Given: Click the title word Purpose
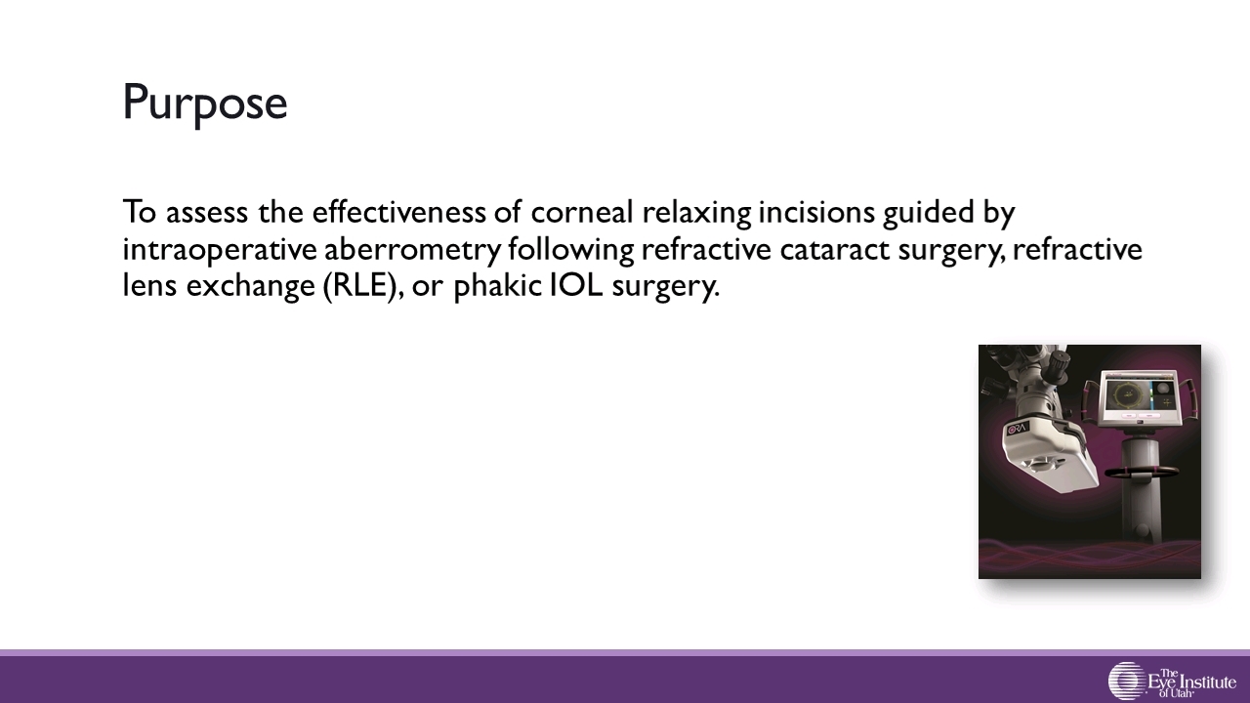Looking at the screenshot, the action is (205, 104).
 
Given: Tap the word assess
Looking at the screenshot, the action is (207, 213).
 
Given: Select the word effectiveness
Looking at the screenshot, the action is (398, 212).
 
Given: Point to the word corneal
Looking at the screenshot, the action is (582, 212).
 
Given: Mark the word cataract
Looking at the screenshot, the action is (835, 250).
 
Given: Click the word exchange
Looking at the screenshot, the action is (251, 287).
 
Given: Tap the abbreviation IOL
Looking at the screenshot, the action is (576, 285).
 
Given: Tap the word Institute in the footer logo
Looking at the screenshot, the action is (1206, 682).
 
